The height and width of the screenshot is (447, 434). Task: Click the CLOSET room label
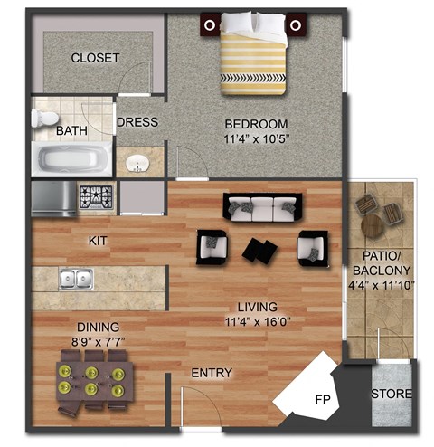pos(95,57)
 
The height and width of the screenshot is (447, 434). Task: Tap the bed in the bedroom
pos(253,54)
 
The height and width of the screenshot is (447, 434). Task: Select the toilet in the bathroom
pos(43,119)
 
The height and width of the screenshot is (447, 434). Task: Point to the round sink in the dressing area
pos(137,163)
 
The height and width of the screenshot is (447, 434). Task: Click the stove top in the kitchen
pos(96,196)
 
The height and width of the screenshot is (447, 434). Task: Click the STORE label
pos(392,395)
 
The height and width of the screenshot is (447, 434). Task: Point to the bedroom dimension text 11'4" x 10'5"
pos(257,139)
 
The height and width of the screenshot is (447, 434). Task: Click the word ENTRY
pos(212,373)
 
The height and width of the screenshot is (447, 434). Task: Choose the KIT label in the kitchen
pos(99,242)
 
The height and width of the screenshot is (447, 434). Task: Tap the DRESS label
pos(137,122)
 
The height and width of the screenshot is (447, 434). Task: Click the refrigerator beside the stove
pos(54,198)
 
